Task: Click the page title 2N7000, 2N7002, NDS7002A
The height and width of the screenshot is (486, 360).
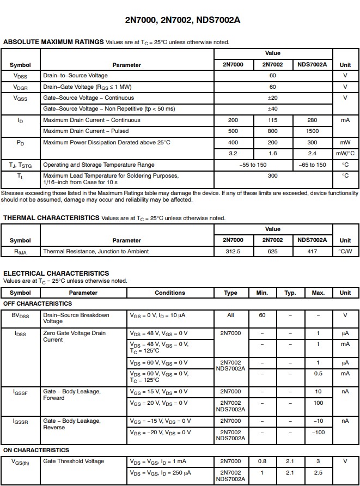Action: tap(182, 20)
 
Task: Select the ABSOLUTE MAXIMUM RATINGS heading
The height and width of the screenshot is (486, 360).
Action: tap(53, 42)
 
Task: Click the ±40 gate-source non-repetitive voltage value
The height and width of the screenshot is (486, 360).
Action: tap(273, 108)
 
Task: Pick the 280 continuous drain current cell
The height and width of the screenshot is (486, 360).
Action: tap(312, 120)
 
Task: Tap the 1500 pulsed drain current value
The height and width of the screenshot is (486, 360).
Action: tap(312, 131)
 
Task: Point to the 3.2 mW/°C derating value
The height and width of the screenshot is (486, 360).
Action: tap(233, 153)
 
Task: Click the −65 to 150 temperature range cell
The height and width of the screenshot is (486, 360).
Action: tap(312, 165)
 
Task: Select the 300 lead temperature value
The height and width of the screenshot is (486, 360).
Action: tap(273, 175)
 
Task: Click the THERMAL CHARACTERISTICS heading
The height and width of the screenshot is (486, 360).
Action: tap(51, 217)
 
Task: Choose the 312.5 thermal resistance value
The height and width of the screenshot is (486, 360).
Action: tap(233, 251)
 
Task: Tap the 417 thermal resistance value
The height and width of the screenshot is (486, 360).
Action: tap(312, 251)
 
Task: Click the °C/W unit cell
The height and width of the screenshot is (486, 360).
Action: tap(345, 251)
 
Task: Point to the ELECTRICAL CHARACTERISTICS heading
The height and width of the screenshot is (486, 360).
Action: tap(56, 273)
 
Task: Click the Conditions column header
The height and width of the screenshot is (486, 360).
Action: tap(170, 293)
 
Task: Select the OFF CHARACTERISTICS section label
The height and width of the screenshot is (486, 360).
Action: tap(38, 303)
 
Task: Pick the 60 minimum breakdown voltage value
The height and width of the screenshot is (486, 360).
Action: tap(262, 315)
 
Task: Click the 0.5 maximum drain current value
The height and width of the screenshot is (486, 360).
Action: tap(319, 373)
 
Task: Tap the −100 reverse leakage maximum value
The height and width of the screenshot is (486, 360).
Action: tap(319, 432)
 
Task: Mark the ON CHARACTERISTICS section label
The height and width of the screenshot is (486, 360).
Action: tap(36, 450)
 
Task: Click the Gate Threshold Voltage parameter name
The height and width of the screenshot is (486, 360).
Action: tap(74, 461)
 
